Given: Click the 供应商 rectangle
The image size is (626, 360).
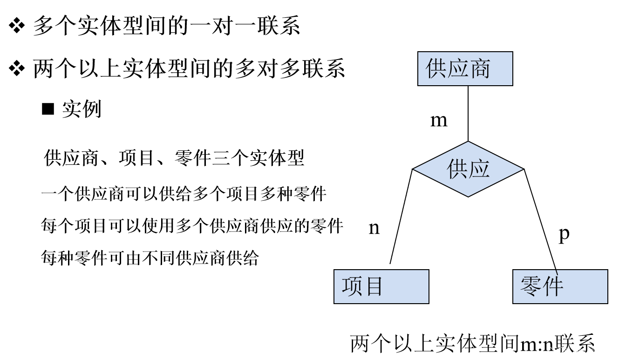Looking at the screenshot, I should pos(465,68).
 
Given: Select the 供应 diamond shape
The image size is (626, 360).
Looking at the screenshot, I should pos(468,169).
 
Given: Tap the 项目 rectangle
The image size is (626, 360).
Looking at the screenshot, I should pos(381,286).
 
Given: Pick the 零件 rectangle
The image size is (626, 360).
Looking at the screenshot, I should pos(560,286).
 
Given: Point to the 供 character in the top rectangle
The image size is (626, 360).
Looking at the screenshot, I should pos(436,69).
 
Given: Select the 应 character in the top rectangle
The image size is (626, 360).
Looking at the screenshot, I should pos(458,69).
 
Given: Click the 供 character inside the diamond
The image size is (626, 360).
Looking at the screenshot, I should pos(457,169).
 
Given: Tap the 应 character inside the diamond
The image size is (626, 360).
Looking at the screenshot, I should pos(479,169).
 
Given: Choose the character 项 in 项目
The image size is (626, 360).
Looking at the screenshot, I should pos(352,286).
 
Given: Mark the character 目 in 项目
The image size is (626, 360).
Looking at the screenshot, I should pos(374,286).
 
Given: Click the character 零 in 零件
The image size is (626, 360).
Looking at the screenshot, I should pos(531,286).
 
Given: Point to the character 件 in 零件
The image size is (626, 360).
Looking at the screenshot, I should pos(553,286).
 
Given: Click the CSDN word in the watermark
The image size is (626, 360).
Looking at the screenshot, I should pos(558,351).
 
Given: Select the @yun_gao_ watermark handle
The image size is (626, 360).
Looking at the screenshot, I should pos(596,351).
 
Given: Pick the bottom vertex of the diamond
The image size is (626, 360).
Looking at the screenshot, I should pos(468,195).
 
